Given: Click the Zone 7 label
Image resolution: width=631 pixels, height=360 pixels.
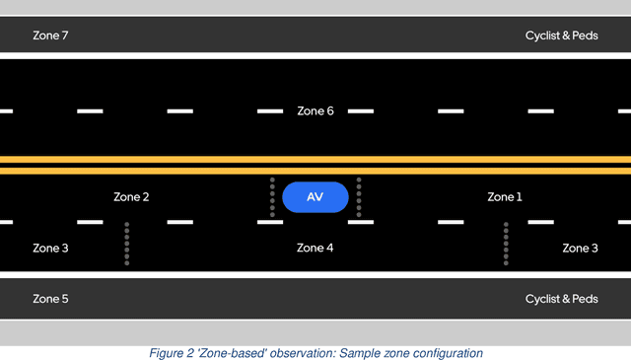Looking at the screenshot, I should (50, 36).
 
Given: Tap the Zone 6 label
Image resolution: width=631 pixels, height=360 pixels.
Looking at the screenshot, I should (315, 111).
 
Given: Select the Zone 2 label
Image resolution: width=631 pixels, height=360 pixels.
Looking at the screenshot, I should (131, 197).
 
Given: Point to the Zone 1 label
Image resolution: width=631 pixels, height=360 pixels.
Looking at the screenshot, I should (505, 197).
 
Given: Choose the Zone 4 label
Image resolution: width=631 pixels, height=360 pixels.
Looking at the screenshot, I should (315, 248).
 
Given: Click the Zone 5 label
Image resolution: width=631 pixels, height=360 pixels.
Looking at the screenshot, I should (50, 299).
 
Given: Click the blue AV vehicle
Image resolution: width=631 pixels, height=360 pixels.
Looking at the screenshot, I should (315, 197).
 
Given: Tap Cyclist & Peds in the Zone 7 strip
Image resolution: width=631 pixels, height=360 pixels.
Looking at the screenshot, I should (561, 36).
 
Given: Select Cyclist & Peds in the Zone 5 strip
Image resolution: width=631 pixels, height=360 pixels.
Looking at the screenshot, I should (561, 299).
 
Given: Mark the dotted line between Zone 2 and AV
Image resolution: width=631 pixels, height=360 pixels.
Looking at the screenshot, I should (272, 197).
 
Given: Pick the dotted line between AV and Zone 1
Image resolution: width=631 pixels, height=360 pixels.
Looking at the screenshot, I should (359, 197).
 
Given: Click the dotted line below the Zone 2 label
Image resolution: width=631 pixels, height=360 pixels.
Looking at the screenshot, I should (127, 244).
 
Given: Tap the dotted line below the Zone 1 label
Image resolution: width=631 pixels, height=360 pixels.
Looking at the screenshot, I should (506, 244).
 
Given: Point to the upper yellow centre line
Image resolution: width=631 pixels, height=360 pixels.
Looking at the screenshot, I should (315, 159).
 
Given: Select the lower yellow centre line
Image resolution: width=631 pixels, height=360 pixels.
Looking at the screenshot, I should (315, 171).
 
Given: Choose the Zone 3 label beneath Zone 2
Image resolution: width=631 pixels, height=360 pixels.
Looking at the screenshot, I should (50, 248).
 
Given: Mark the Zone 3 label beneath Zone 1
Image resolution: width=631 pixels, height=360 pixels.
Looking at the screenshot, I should (580, 248).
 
